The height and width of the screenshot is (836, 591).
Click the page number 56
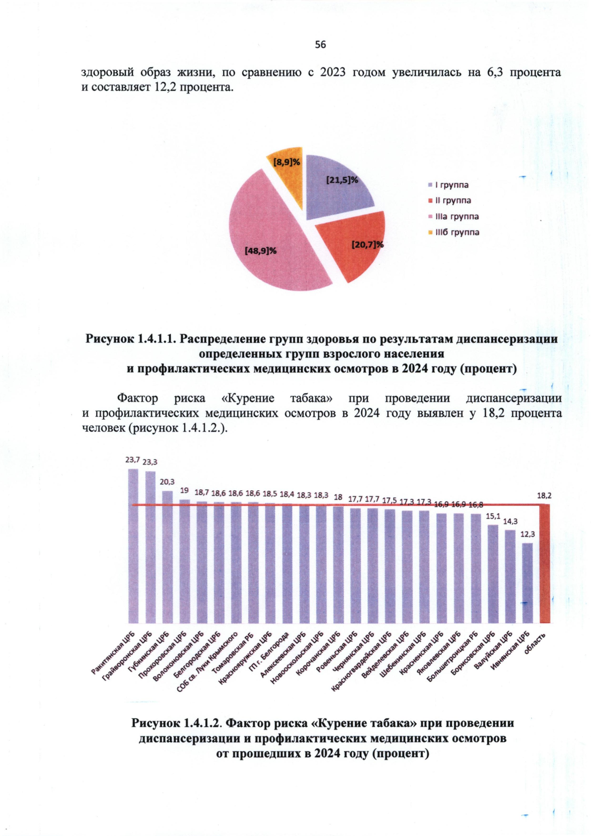(x=320, y=45)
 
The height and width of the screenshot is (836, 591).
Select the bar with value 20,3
(x=167, y=557)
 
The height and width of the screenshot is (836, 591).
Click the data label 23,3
(x=150, y=462)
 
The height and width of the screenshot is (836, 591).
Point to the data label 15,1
(x=493, y=516)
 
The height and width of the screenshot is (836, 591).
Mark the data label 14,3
(x=510, y=521)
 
